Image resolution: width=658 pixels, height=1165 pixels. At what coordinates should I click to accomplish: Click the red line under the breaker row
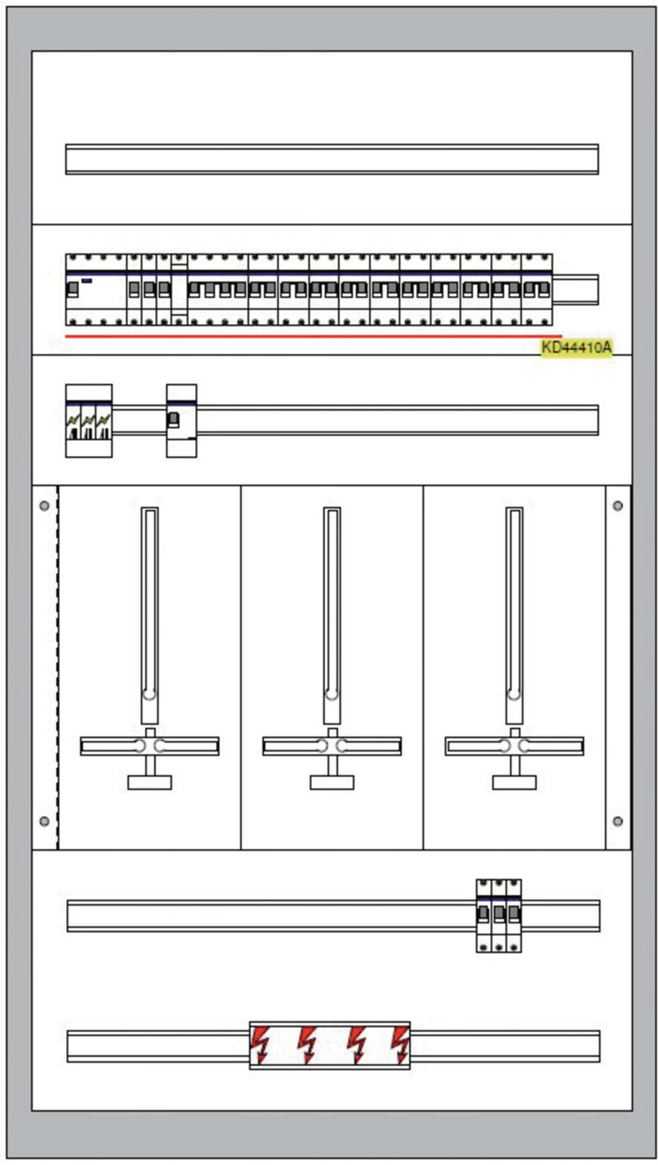point(313,336)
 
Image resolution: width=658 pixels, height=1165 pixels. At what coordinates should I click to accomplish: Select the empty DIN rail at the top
point(332,159)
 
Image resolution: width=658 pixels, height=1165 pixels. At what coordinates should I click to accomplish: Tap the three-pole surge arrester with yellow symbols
point(89,421)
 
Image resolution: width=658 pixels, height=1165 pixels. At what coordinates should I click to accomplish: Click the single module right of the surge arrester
point(181,421)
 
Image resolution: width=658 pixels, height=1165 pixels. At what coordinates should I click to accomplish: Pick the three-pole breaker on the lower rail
point(498,916)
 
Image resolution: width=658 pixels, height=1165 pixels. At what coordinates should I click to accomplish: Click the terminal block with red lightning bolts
point(330,1045)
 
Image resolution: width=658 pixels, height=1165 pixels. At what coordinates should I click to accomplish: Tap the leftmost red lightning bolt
point(261,1045)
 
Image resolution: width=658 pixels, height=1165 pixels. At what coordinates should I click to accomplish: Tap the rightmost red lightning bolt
point(401,1045)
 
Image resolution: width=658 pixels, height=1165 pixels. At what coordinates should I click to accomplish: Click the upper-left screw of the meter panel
point(44,505)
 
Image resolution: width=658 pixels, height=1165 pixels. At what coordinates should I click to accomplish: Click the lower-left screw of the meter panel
point(44,821)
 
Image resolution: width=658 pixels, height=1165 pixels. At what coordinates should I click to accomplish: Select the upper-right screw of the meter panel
point(618,505)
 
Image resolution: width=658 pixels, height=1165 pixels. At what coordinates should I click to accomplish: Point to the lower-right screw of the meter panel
point(618,821)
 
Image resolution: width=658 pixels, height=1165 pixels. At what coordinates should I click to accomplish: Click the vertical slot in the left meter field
point(149,615)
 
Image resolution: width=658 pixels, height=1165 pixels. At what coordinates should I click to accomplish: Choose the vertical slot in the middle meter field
point(332,615)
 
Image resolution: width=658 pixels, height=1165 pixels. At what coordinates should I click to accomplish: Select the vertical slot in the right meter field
point(514,615)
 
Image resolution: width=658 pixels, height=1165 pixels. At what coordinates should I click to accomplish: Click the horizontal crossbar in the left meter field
point(149,746)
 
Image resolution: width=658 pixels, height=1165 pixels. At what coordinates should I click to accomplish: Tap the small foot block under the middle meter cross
point(332,783)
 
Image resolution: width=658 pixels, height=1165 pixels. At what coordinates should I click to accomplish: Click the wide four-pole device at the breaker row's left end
point(96,290)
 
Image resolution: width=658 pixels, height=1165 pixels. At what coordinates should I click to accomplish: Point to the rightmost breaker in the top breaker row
point(537,290)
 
